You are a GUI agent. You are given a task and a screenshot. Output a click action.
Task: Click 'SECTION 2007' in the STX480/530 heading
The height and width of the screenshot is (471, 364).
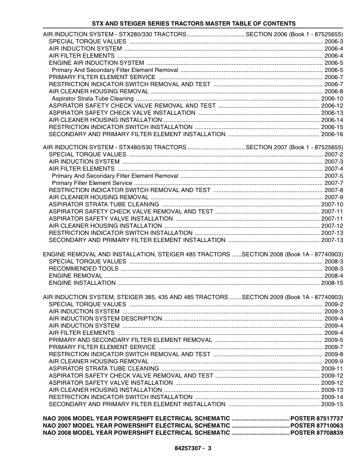(267, 146)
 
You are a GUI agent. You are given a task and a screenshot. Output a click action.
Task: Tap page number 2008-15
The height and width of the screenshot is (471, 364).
(332, 283)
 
